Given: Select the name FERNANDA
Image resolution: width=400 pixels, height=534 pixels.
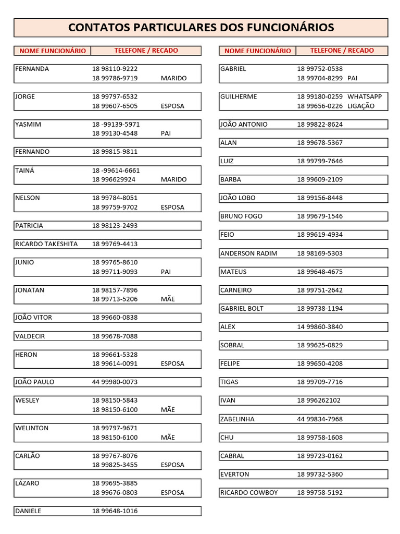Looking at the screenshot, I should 32,69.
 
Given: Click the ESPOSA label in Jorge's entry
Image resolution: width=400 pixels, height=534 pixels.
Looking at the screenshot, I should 172,106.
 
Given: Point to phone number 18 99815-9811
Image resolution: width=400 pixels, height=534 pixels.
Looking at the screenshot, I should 115,152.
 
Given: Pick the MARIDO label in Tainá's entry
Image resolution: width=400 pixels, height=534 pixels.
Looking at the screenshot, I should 173,179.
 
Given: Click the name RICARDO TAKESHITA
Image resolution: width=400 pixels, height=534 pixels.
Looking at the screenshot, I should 46,244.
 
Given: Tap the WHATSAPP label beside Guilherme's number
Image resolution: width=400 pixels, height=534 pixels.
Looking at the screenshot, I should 365,96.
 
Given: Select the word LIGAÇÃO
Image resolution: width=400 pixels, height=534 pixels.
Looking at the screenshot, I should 361,106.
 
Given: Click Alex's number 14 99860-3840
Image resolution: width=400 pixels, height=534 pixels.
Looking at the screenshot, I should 320,327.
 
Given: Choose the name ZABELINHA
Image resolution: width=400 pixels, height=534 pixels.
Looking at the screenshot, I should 238,419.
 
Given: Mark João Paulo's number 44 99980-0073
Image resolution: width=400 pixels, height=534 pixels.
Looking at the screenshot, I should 115,382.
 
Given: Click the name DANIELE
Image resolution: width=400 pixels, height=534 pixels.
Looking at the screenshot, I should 28,511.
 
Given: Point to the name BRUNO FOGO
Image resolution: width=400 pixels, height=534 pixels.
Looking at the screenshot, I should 241,216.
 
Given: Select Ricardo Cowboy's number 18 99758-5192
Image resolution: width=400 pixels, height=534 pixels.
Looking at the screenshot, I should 320,493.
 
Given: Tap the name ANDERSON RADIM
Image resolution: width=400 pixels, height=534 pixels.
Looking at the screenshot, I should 248,253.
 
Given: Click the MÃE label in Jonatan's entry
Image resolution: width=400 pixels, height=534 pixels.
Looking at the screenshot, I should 168,299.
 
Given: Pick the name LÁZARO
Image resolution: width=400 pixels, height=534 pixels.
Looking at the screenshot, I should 28,483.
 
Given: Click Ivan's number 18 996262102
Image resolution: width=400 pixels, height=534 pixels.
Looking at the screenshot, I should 319,400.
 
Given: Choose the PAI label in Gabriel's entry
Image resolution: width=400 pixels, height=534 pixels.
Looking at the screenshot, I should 353,78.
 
